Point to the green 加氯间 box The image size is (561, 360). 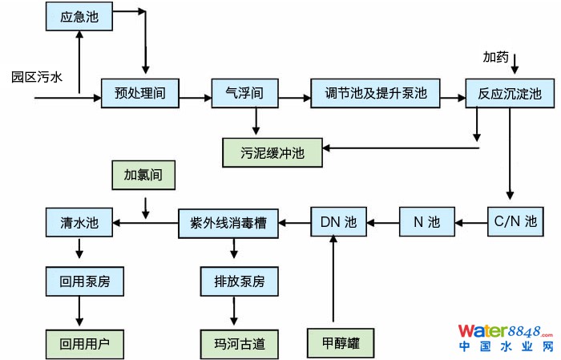coord(143,176)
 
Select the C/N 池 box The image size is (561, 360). coord(512,220)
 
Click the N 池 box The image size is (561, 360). coord(426,220)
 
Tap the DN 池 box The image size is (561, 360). coord(338,220)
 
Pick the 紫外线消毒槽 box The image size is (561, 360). coord(228,220)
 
